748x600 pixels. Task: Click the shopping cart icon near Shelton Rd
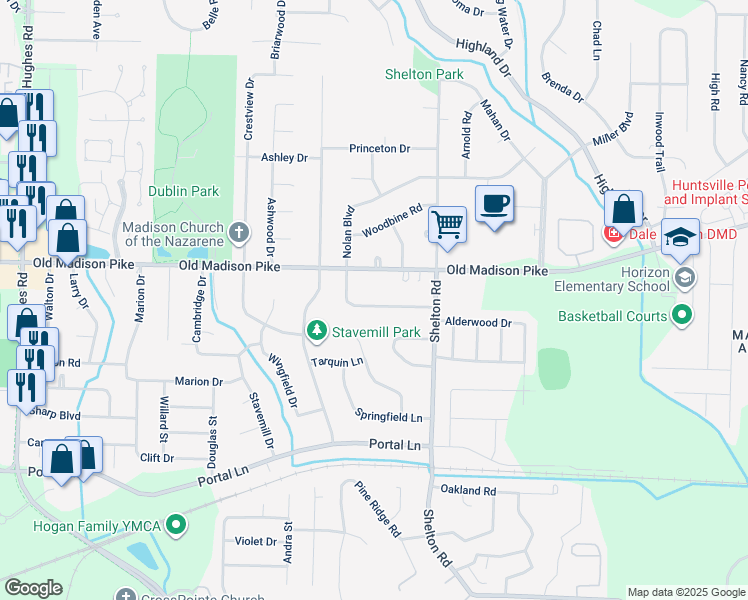click(447, 224)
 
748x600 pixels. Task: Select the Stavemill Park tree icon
click(317, 330)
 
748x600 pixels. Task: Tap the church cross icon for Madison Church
click(238, 233)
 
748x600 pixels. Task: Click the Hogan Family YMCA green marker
click(176, 523)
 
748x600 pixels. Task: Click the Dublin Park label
click(183, 190)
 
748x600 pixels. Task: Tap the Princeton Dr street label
click(380, 149)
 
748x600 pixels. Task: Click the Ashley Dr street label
click(284, 158)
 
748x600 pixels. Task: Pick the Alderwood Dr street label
click(478, 323)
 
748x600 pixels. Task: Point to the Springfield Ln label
click(389, 416)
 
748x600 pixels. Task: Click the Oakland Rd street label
click(468, 491)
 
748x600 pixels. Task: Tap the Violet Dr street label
click(256, 541)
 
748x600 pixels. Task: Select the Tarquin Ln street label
click(336, 362)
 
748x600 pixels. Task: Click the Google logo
click(33, 588)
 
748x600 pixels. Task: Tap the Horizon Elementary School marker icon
click(684, 276)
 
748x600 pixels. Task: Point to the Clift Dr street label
click(157, 458)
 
